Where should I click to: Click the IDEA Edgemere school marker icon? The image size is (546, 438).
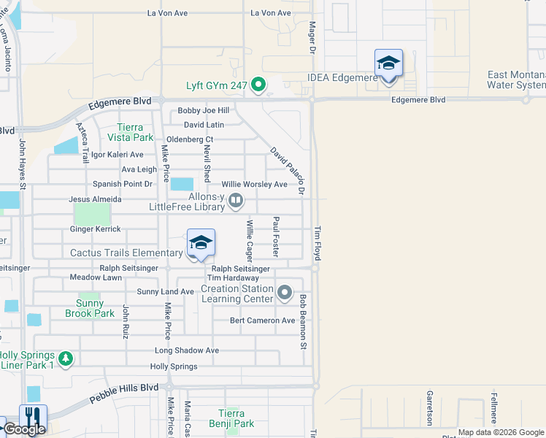pos(388,63)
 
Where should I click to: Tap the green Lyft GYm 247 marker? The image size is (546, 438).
pos(258,86)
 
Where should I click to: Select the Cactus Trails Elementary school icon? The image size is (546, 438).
pos(201,242)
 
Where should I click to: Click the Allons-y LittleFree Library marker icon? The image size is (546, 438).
pos(236,200)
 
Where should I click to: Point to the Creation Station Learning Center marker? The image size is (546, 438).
pos(285,293)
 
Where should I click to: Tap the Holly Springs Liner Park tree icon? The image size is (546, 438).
pos(66,358)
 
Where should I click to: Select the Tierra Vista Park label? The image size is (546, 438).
pos(131,131)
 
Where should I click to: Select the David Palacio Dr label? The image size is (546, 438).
pos(287,170)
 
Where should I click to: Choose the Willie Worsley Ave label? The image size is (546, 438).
pos(255,185)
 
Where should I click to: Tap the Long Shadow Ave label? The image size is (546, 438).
pos(187,350)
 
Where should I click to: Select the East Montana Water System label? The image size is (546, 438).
pos(517,80)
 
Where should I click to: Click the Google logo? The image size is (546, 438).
pos(24,429)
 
